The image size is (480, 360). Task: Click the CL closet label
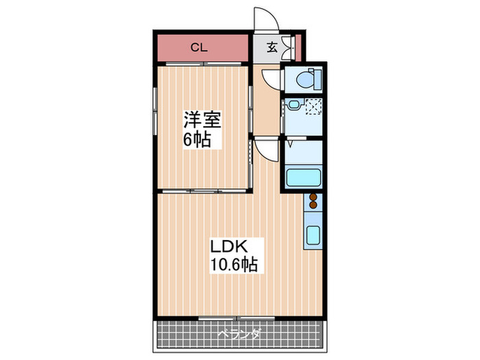pos(198,48)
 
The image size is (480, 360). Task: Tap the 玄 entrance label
pos(272,47)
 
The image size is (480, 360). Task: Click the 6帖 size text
pos(196,140)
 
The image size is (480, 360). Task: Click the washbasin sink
pos(293,106)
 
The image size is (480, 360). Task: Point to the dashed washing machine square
pos(313,107)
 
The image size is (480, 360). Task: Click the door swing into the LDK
pos(266,149)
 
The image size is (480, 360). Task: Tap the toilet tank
pos(316,80)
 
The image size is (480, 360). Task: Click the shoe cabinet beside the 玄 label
pos(287,47)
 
